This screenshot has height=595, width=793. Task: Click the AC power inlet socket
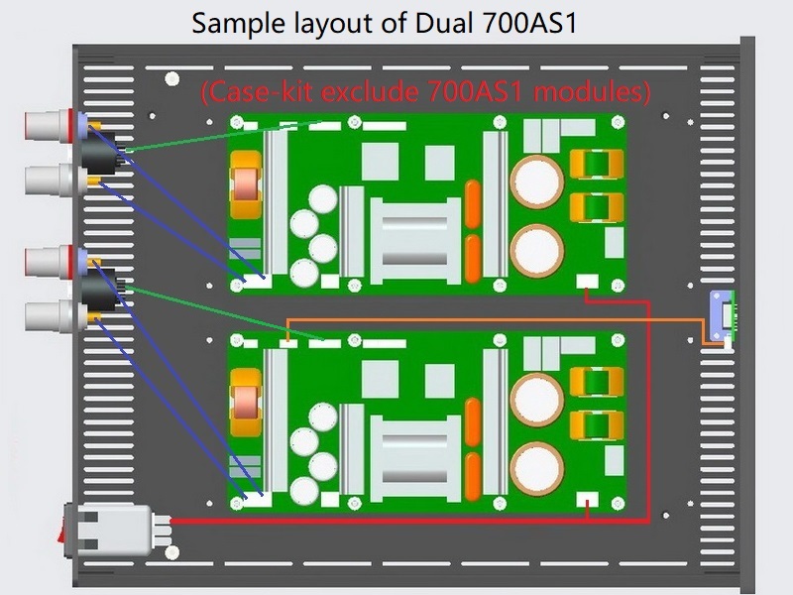[115, 531]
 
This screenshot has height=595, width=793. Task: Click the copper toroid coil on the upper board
[246, 185]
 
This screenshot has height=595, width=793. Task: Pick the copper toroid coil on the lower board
[246, 403]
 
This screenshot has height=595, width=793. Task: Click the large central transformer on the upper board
[415, 241]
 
